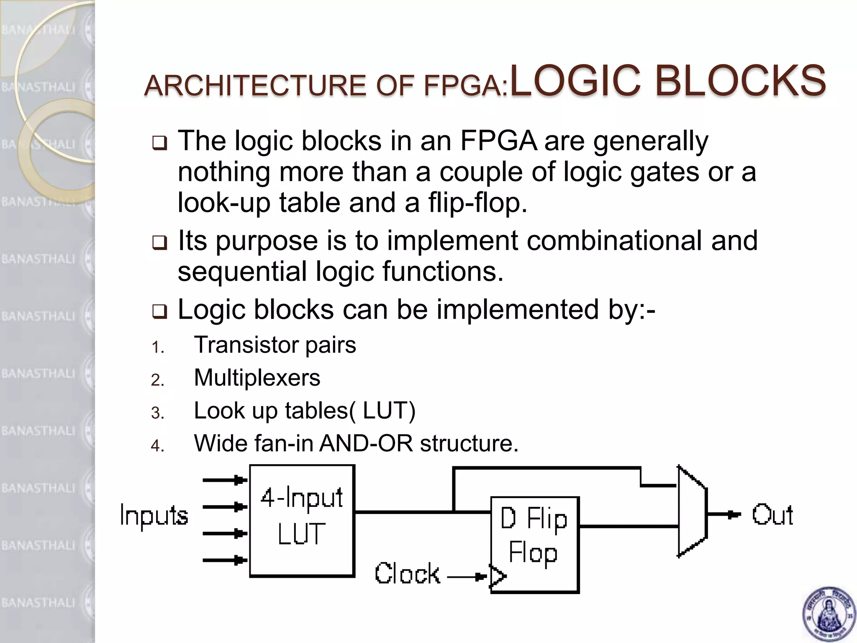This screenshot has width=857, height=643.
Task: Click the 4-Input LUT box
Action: click(302, 521)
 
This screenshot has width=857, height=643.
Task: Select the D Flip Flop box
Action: click(534, 544)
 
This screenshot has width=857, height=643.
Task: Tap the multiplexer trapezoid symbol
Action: click(692, 512)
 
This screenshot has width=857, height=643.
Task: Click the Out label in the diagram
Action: click(772, 515)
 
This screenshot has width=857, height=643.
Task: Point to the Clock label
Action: click(407, 574)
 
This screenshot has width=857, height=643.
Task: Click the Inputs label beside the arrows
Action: click(154, 515)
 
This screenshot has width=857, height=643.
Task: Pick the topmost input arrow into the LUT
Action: click(225, 480)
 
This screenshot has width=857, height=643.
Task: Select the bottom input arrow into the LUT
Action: click(225, 560)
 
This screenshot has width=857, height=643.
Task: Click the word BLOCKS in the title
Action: click(741, 81)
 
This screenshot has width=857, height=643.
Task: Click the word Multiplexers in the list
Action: click(257, 378)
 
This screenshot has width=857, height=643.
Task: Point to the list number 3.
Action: click(157, 413)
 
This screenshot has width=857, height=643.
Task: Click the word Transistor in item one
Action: click(246, 345)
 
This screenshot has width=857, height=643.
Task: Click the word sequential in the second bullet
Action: click(242, 272)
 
